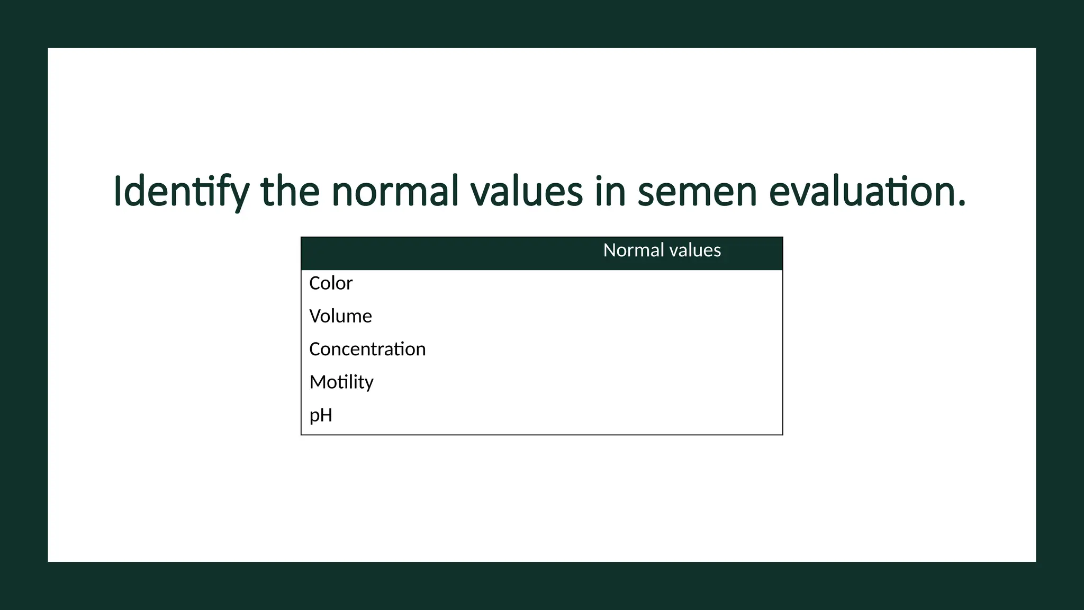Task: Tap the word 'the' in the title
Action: (290, 192)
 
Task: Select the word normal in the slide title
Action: (395, 192)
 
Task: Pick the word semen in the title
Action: (697, 192)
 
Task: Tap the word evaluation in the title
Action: (867, 192)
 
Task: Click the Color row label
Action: (331, 283)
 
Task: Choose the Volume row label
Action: (340, 316)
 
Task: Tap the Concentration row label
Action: (367, 349)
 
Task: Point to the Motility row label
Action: (341, 382)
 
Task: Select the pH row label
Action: (321, 415)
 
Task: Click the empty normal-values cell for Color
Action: (662, 283)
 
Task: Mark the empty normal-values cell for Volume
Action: (662, 316)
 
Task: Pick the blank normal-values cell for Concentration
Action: (662, 349)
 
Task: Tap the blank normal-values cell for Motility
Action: (662, 382)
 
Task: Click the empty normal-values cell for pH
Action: (662, 415)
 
